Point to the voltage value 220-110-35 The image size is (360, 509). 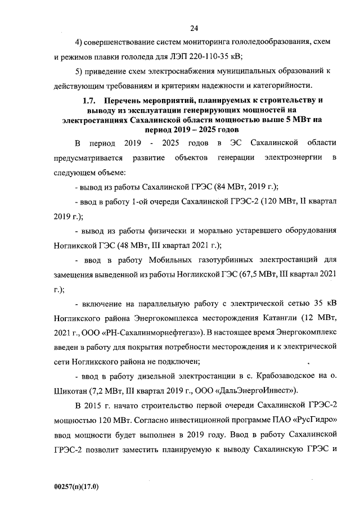pos(210,56)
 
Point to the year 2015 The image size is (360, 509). pos(96,405)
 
